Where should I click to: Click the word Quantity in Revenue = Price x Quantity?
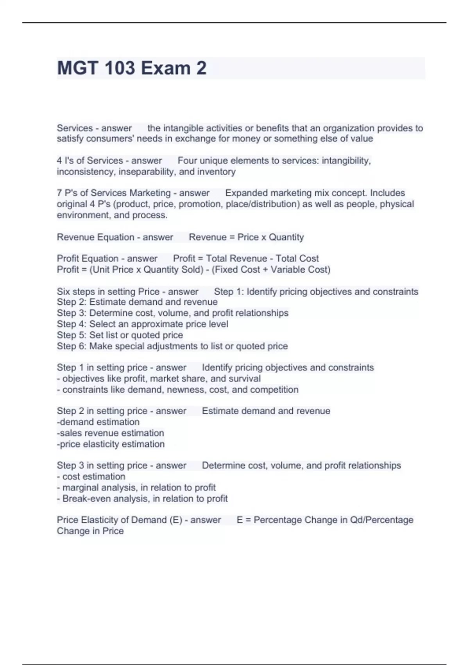pyautogui.click(x=286, y=237)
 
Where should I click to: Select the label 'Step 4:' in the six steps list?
pyautogui.click(x=72, y=324)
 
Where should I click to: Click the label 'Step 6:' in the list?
pyautogui.click(x=72, y=346)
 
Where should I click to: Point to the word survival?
pyautogui.click(x=244, y=379)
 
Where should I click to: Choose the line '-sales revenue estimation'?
pyautogui.click(x=110, y=433)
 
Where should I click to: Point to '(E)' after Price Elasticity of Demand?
pyautogui.click(x=176, y=520)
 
